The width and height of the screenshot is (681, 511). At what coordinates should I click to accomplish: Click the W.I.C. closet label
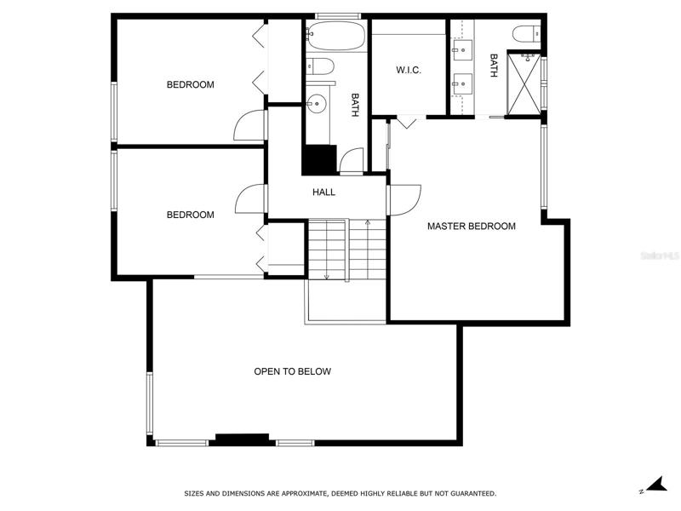(x=409, y=70)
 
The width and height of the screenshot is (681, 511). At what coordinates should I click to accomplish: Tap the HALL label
(x=323, y=192)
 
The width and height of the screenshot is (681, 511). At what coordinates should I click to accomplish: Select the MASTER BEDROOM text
(x=472, y=226)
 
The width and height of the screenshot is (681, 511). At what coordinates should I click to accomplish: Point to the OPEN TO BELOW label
(x=292, y=371)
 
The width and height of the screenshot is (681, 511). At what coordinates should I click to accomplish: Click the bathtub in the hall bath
(x=335, y=36)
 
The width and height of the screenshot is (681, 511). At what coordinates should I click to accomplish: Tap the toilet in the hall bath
(x=320, y=66)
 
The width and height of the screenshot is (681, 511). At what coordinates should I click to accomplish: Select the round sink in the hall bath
(x=316, y=104)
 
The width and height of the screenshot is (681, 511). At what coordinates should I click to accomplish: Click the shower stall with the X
(x=524, y=84)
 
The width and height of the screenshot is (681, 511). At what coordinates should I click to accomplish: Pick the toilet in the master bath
(x=526, y=34)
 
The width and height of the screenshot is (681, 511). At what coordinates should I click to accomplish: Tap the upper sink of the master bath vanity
(x=462, y=50)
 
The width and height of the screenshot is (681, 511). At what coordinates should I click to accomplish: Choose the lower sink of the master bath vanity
(x=462, y=83)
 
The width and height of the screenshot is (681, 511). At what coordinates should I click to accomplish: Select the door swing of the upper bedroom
(x=249, y=125)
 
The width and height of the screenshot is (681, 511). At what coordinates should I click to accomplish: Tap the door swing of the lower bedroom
(x=249, y=199)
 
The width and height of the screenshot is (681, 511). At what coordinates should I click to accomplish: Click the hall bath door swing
(x=352, y=161)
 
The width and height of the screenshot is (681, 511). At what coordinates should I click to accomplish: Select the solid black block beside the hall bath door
(x=320, y=160)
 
